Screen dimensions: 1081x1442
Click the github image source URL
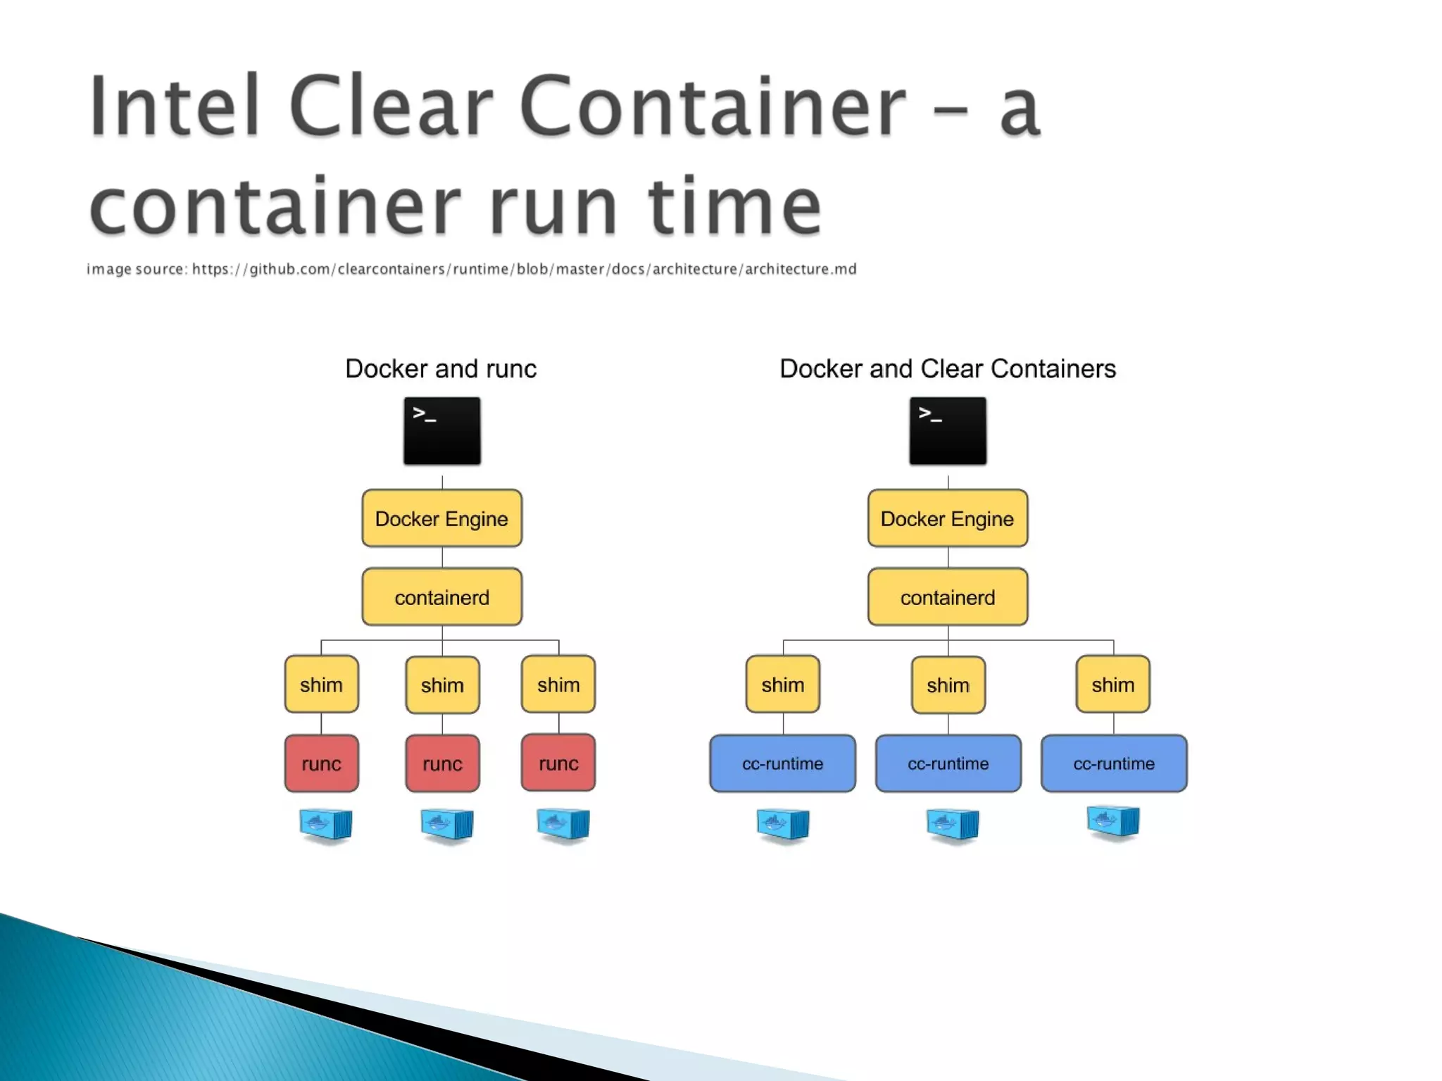pyautogui.click(x=524, y=269)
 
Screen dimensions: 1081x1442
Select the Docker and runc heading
pyautogui.click(x=441, y=368)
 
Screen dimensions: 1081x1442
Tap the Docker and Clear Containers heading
pyautogui.click(x=947, y=368)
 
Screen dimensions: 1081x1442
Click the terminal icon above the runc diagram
pyautogui.click(x=442, y=431)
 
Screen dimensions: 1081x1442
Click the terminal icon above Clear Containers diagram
pyautogui.click(x=948, y=431)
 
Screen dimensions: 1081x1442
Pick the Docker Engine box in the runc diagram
pyautogui.click(x=441, y=518)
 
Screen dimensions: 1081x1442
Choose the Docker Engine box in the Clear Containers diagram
pyautogui.click(x=947, y=518)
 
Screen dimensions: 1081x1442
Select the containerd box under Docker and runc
pyautogui.click(x=441, y=597)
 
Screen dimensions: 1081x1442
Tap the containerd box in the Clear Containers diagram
pyautogui.click(x=947, y=597)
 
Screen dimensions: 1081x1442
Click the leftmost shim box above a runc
pyautogui.click(x=321, y=685)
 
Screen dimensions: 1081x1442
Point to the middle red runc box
pyautogui.click(x=442, y=763)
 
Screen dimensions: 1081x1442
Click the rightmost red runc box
pyautogui.click(x=558, y=763)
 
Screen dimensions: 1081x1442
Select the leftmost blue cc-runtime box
pyautogui.click(x=782, y=763)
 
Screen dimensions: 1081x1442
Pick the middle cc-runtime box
pyautogui.click(x=948, y=763)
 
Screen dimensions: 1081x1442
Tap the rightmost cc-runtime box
pyautogui.click(x=1113, y=763)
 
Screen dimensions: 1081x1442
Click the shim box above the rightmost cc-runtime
pyautogui.click(x=1112, y=685)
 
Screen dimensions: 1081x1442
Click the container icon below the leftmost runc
pyautogui.click(x=325, y=824)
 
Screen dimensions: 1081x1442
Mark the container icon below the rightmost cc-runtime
pyautogui.click(x=1113, y=821)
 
